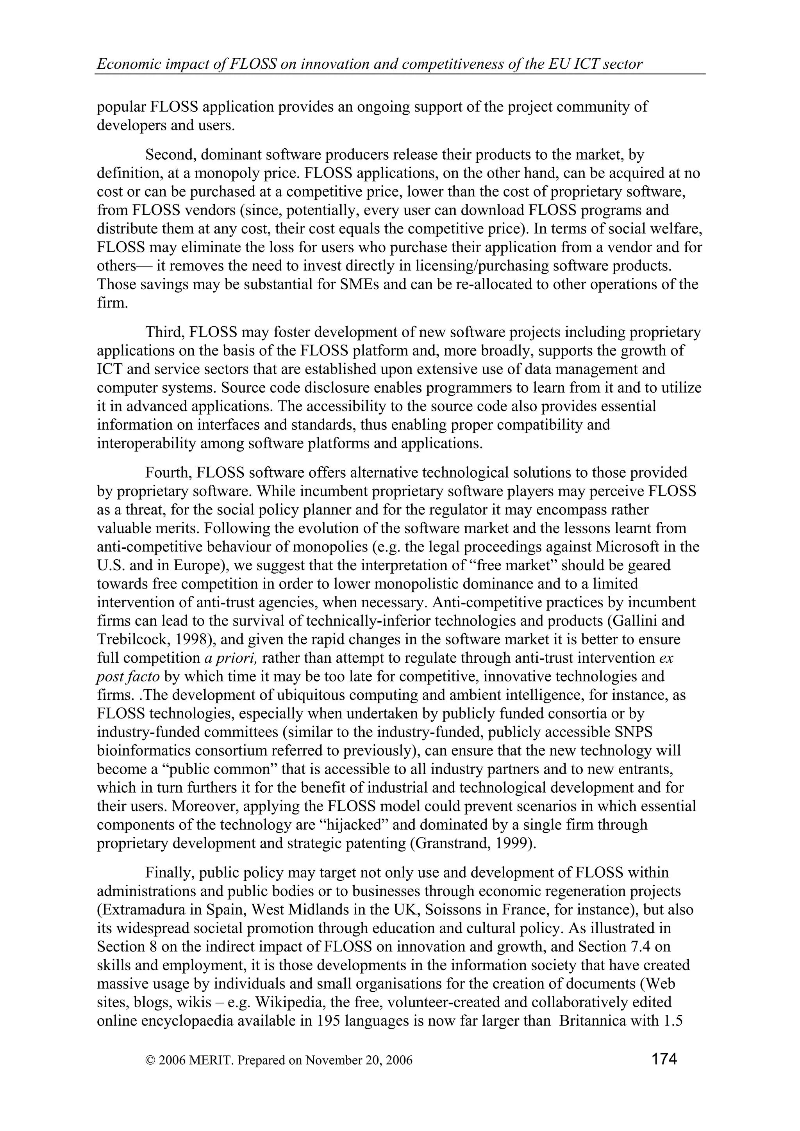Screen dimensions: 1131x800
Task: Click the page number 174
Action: click(664, 1058)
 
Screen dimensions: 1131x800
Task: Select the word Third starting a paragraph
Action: click(164, 333)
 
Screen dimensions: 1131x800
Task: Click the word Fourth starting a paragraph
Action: click(168, 473)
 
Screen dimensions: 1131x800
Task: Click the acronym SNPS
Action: click(632, 733)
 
